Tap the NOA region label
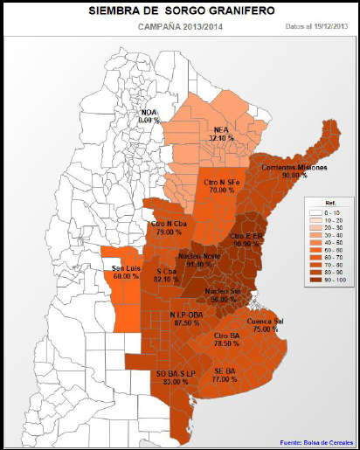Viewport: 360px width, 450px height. pos(152,117)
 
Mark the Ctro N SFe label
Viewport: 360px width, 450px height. pos(221,185)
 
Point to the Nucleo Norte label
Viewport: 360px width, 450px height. pos(199,260)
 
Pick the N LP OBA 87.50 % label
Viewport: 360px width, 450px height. pos(187,319)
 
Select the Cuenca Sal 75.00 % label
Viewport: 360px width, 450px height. pos(265,326)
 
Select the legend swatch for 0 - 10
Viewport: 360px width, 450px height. pos(315,212)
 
